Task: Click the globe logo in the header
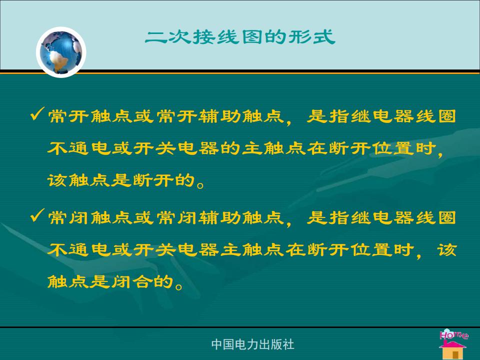[x=61, y=52]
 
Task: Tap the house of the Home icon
[x=452, y=350]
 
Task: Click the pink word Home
[x=454, y=334]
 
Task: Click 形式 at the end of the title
[x=311, y=37]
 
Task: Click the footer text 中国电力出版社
[x=252, y=344]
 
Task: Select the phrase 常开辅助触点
[x=220, y=116]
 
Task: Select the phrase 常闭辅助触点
[x=220, y=218]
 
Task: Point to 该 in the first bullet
[x=57, y=180]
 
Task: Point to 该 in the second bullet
[x=447, y=250]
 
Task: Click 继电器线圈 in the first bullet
[x=403, y=116]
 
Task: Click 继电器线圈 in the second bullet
[x=403, y=218]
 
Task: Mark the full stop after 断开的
[x=200, y=185]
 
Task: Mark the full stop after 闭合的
[x=179, y=286]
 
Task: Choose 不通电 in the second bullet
[x=79, y=250]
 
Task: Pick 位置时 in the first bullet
[x=404, y=148]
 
